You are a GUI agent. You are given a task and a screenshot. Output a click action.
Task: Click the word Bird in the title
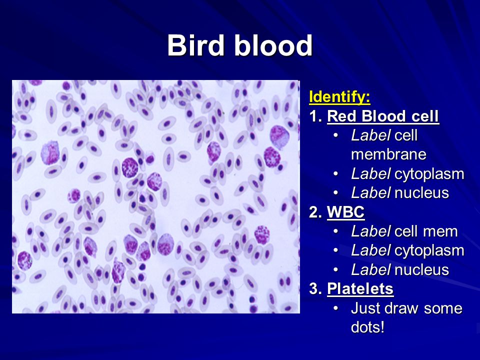[x=195, y=45]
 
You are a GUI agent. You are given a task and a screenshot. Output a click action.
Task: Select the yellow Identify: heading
[x=339, y=97]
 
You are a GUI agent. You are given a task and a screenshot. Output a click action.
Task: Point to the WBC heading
[x=345, y=212]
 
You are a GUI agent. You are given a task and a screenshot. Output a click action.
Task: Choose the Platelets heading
[x=360, y=288]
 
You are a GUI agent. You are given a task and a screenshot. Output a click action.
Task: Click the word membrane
[x=388, y=154]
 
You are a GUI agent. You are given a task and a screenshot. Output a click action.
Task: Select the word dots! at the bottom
[x=367, y=327]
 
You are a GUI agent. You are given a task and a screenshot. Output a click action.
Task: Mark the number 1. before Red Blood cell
[x=315, y=116]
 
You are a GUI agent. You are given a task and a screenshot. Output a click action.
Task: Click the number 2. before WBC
[x=315, y=212]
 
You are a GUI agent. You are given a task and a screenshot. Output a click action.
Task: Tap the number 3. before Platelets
[x=315, y=288]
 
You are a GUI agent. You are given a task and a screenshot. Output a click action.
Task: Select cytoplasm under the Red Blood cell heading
[x=429, y=174]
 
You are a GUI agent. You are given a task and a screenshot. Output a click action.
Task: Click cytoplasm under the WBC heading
[x=429, y=250]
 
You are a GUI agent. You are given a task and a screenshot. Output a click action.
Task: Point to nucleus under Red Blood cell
[x=422, y=193]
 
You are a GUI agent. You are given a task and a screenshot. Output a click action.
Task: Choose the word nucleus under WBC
[x=422, y=269]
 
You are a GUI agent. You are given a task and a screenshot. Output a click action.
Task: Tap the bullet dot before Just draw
[x=336, y=308]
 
